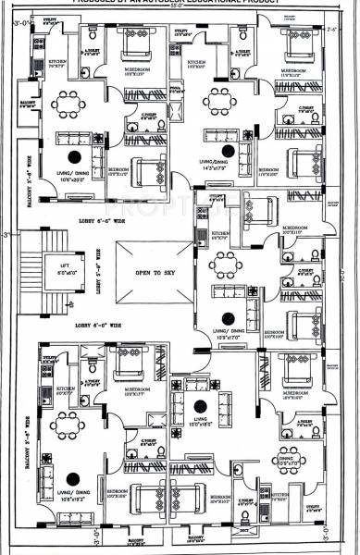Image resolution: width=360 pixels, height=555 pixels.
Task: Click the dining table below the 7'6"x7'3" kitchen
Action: click(65, 104)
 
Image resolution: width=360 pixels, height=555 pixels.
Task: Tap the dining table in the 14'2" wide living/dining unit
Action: click(220, 100)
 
